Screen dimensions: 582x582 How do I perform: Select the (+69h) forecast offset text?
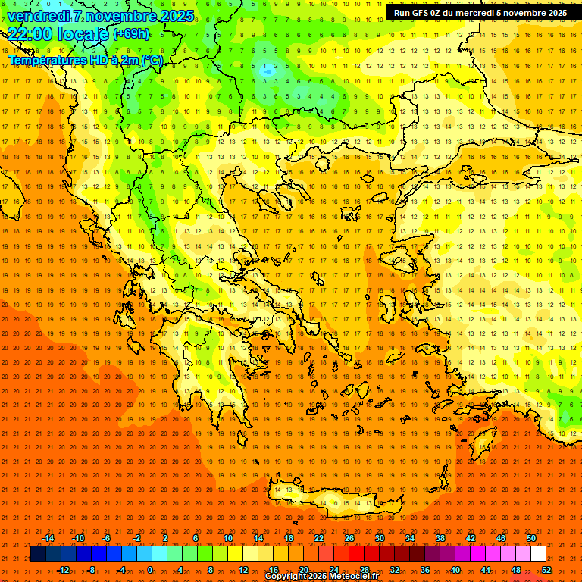point(131,34)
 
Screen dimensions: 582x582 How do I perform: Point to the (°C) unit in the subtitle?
point(150,60)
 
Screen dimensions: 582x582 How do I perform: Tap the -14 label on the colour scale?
point(48,538)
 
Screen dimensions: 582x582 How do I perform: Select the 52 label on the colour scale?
point(547,570)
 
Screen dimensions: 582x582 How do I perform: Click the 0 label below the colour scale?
point(150,570)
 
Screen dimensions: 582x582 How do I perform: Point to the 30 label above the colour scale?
point(379,538)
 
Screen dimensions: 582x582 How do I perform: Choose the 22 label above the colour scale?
point(318,538)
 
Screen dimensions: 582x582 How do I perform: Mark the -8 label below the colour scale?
point(91,570)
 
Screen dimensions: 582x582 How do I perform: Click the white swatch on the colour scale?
point(538,554)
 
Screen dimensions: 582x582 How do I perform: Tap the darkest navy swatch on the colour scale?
point(38,554)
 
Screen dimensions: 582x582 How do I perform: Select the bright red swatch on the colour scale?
point(356,554)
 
